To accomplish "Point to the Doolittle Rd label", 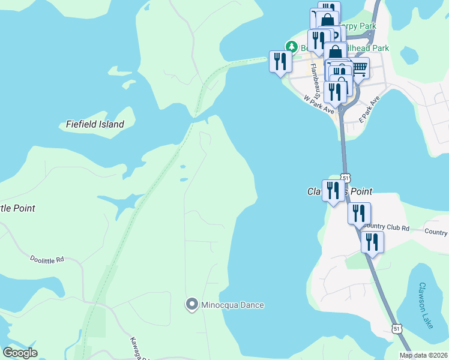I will pyautogui.click(x=47, y=259).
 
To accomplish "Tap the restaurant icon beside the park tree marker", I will pyautogui.click(x=280, y=62).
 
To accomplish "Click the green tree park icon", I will pyautogui.click(x=291, y=46).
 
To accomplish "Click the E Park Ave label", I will pyautogui.click(x=370, y=108).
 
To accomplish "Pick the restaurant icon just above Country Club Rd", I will pyautogui.click(x=358, y=213).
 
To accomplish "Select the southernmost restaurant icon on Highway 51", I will pyautogui.click(x=372, y=242).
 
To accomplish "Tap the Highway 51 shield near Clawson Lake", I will pyautogui.click(x=396, y=328).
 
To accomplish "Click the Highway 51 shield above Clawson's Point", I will pyautogui.click(x=345, y=178).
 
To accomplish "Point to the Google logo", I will pyautogui.click(x=20, y=353).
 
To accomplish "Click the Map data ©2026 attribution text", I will pyautogui.click(x=423, y=355).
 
